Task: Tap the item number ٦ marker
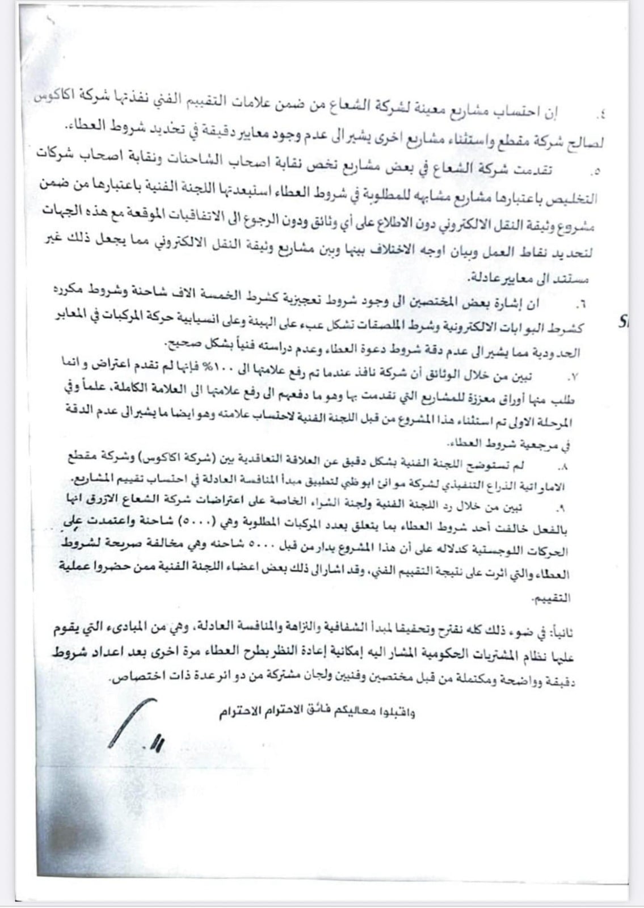pyautogui.click(x=580, y=306)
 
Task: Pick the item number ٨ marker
pyautogui.click(x=563, y=466)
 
